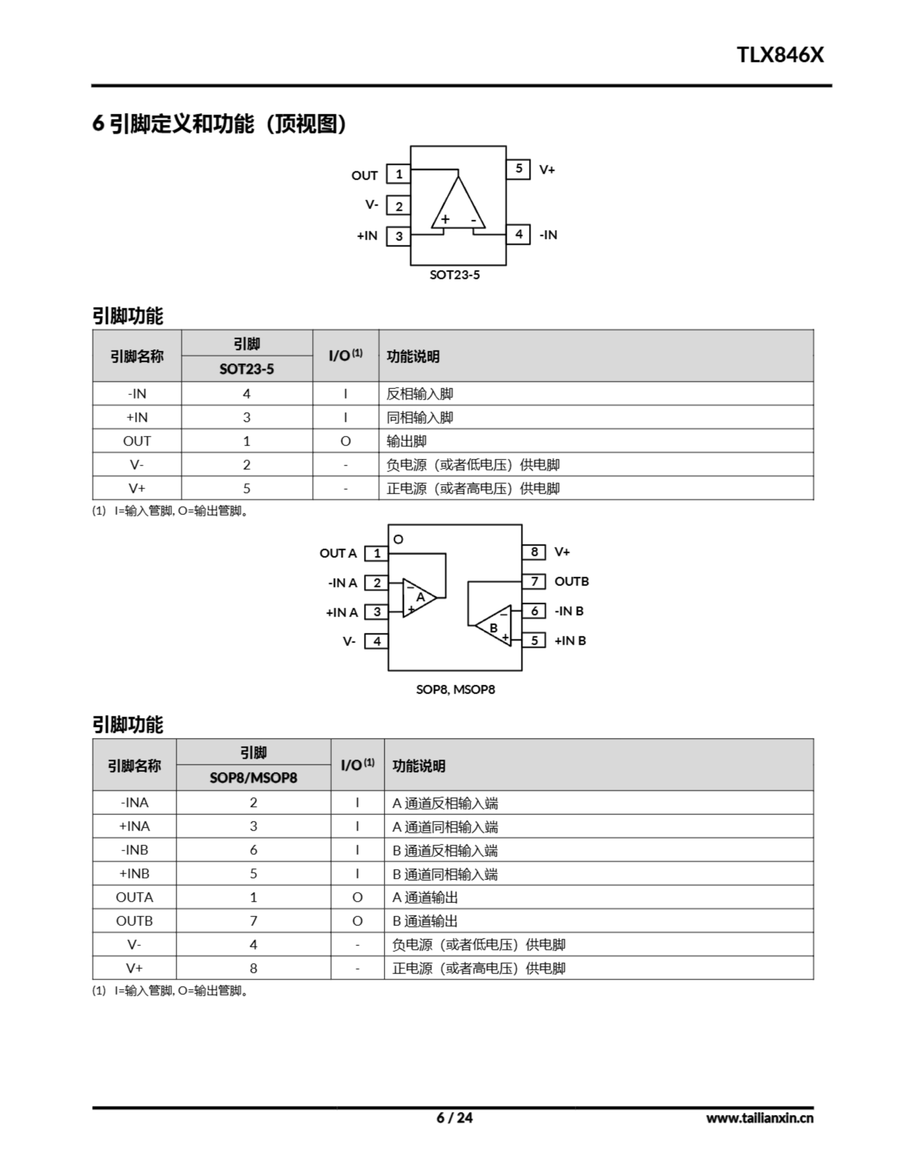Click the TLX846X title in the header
[779, 55]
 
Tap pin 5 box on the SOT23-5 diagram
[518, 169]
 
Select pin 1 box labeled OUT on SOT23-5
[398, 174]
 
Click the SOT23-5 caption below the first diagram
[454, 275]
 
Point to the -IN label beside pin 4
[548, 235]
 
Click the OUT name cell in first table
[137, 441]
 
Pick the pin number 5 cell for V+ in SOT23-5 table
[246, 488]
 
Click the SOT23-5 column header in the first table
[246, 369]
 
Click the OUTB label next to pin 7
[572, 581]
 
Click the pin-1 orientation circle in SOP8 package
[398, 539]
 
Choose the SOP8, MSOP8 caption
[455, 689]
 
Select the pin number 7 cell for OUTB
[253, 921]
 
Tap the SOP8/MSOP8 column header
[253, 778]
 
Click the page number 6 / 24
[454, 1118]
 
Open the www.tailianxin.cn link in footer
[759, 1118]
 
